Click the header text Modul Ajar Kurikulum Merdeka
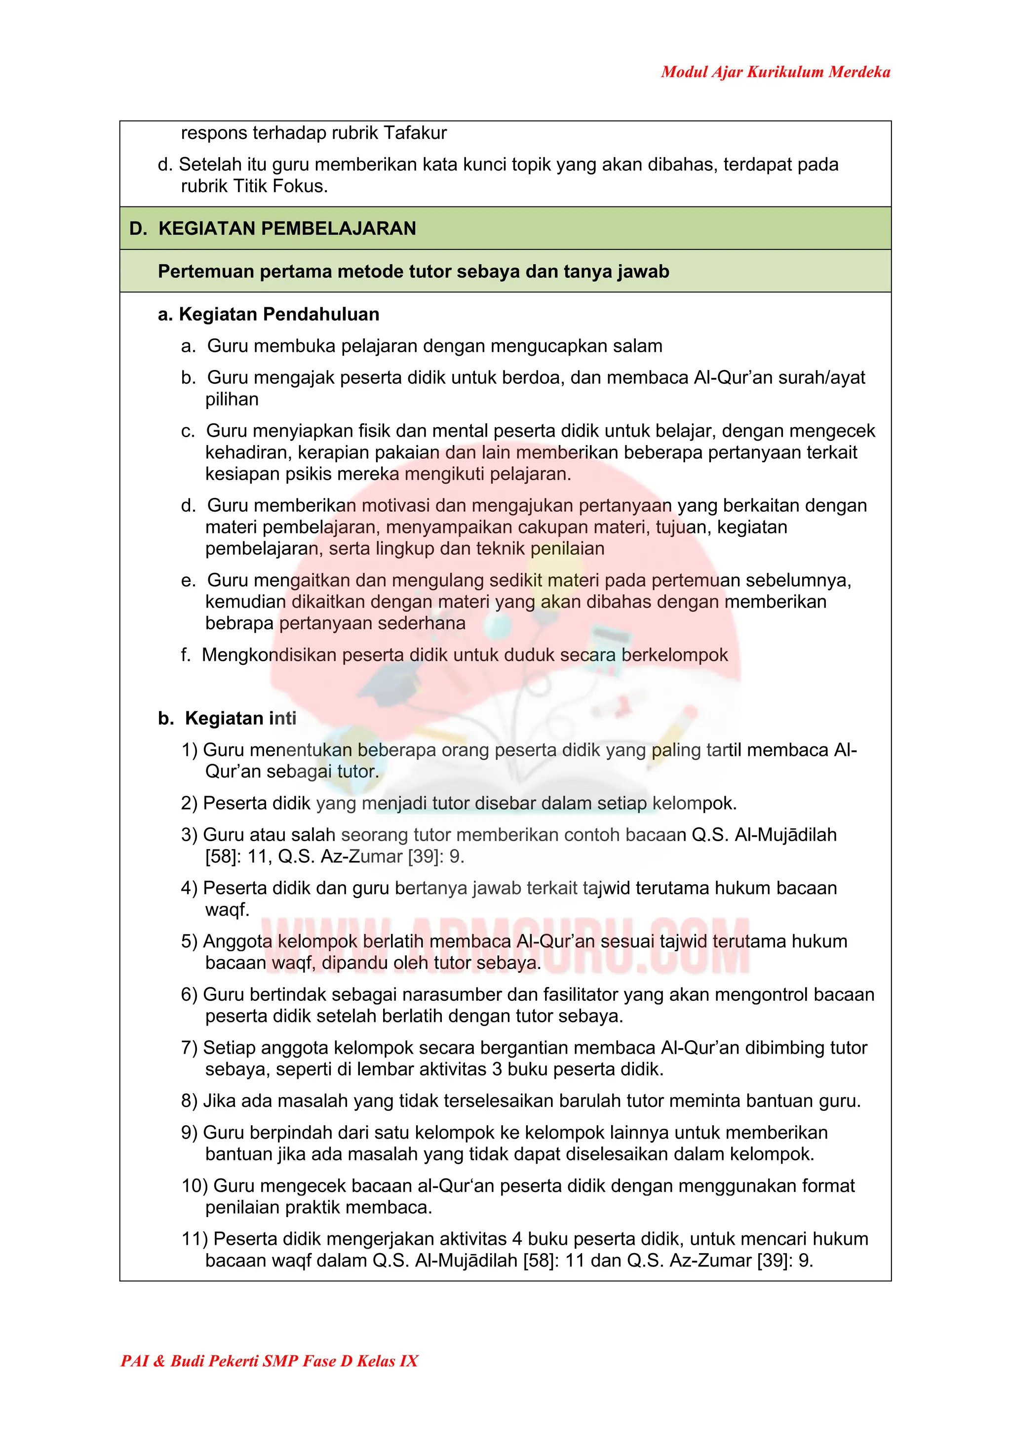pos(775,72)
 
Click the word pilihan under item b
pos(232,399)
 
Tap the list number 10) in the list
pos(194,1186)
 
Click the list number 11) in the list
pos(194,1238)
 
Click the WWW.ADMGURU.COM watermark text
pos(505,946)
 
